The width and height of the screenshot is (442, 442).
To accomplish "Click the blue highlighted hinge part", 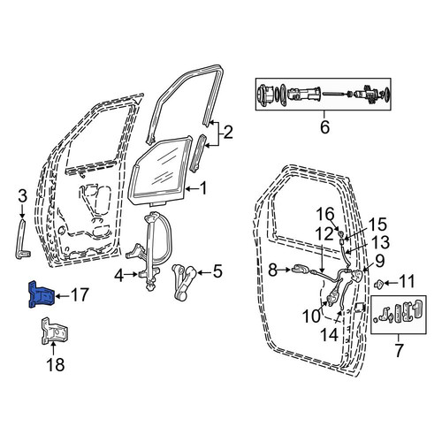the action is (x=41, y=295).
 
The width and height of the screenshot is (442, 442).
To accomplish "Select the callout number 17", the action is (x=80, y=294).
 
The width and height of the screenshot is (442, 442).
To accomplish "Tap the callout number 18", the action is (x=56, y=365).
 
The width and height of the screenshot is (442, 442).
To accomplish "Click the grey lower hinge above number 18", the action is (x=54, y=331).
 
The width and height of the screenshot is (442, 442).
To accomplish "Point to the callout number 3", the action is (x=23, y=196).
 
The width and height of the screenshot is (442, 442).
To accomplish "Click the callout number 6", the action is (x=324, y=127).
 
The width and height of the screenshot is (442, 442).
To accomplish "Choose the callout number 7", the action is (x=399, y=350).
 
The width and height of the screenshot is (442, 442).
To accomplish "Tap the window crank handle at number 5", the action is (x=184, y=280).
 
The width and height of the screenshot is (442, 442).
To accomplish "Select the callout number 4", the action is (x=118, y=276).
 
